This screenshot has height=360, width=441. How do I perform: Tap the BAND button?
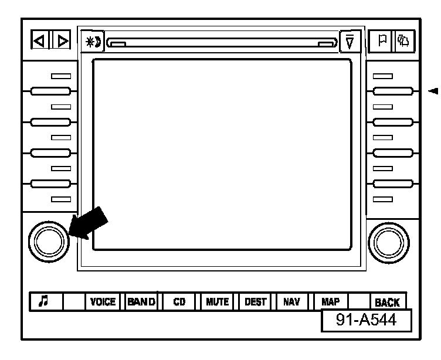(141, 302)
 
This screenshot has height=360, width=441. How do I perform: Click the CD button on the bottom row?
(179, 302)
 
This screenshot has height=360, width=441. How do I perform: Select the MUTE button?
(217, 302)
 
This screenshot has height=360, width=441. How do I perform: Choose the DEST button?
(255, 302)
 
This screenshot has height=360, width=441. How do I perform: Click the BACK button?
(387, 302)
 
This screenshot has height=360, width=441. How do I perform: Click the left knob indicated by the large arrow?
(48, 240)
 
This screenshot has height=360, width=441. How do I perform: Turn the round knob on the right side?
(388, 240)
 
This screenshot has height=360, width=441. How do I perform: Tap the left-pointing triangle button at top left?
(38, 42)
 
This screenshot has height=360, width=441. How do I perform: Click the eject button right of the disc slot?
(350, 42)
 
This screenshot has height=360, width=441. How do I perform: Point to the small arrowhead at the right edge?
(434, 91)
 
